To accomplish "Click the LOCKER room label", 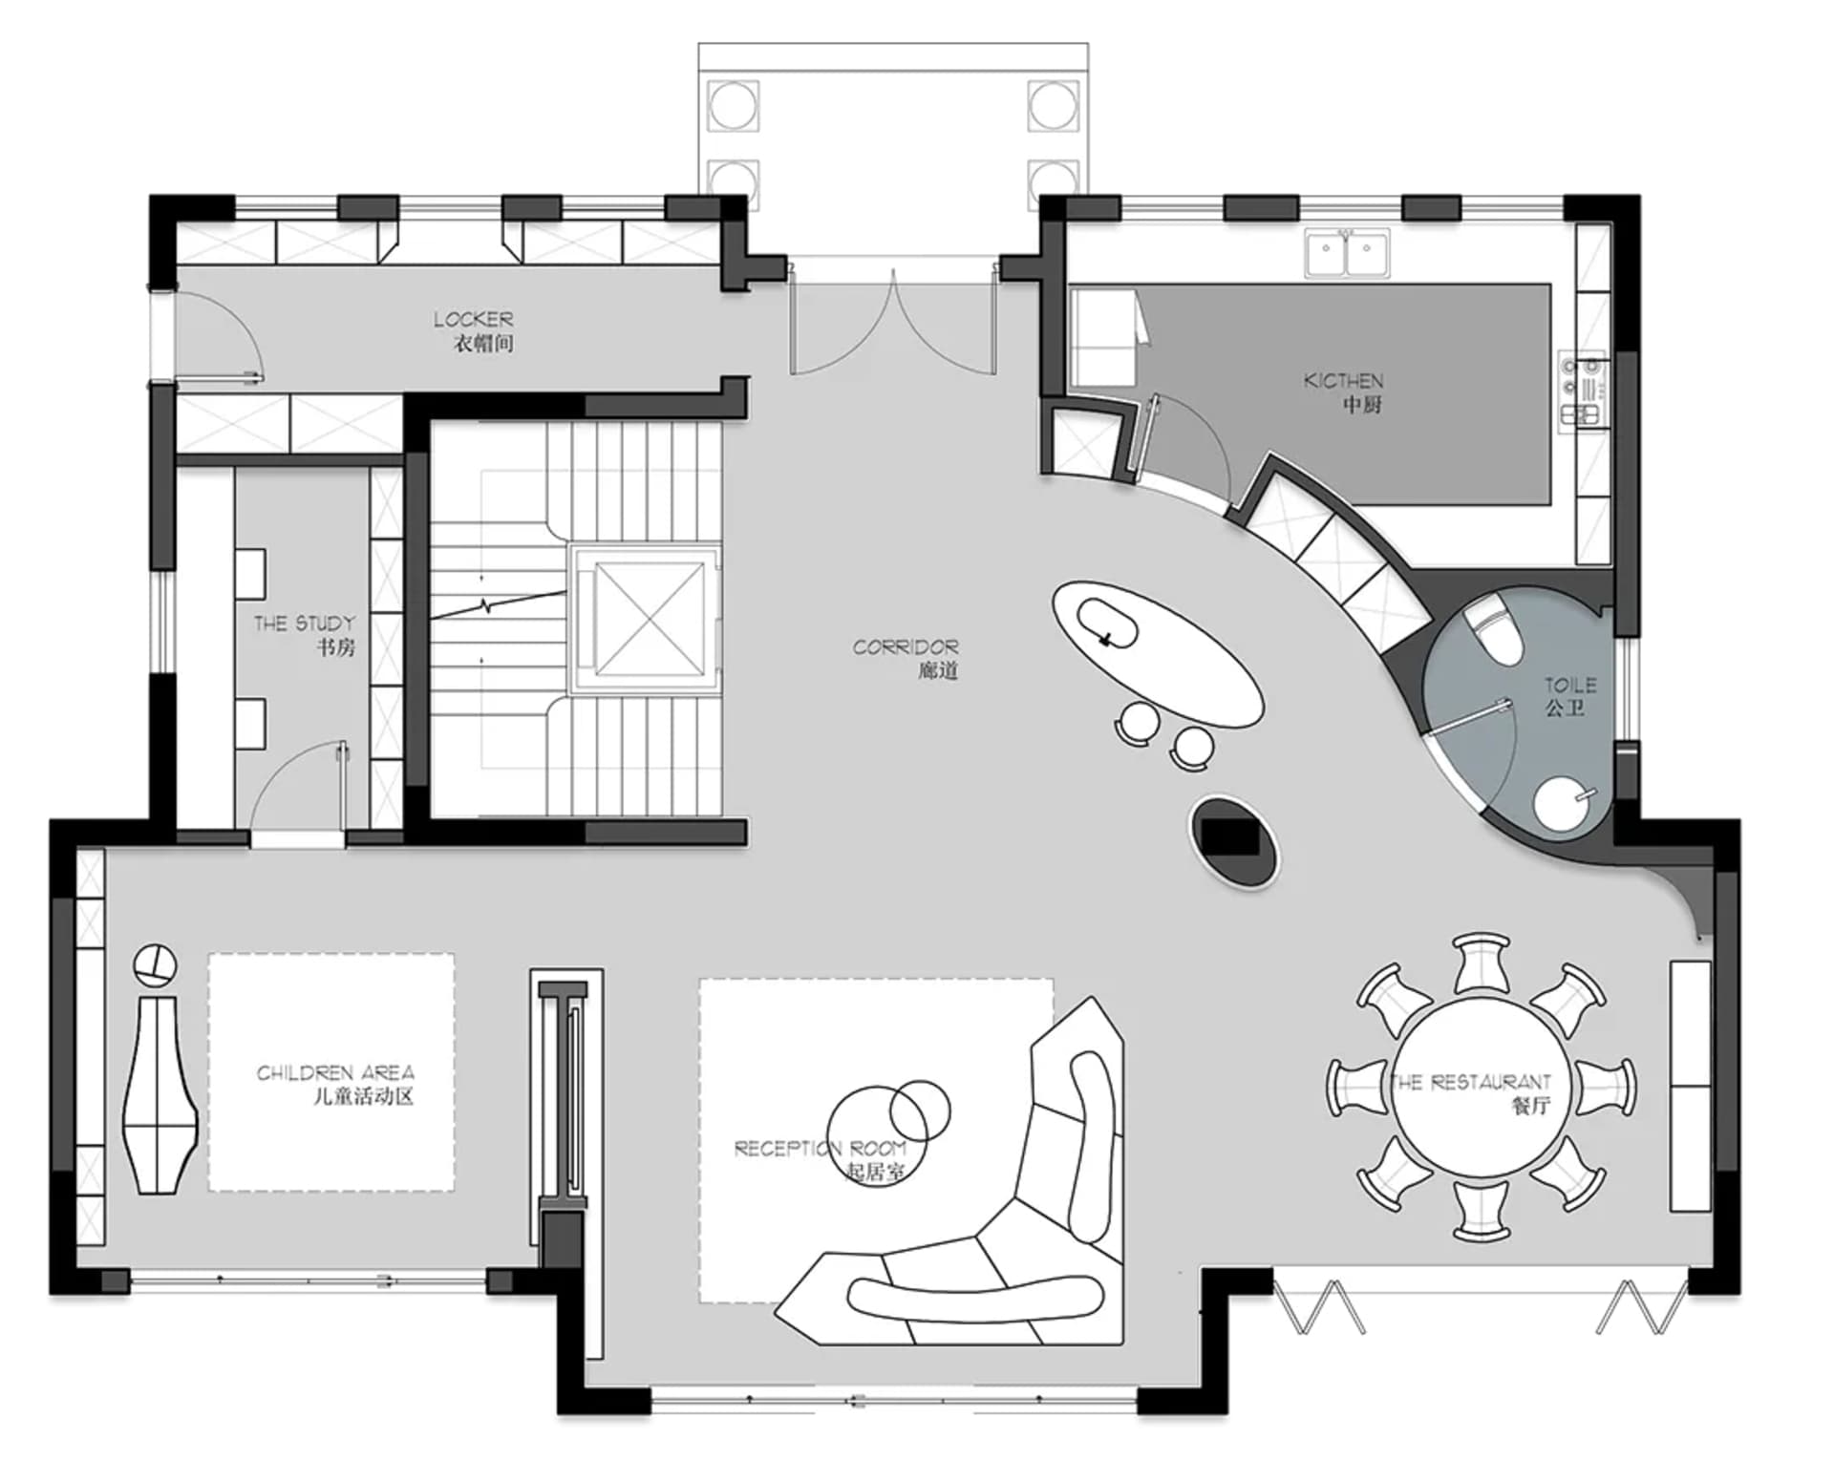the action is (474, 330).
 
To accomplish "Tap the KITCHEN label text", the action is (1344, 391).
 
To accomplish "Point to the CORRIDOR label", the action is (906, 658).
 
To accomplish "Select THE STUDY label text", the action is (305, 635).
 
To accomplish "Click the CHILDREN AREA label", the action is (335, 1084).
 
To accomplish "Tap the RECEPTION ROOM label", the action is (820, 1159).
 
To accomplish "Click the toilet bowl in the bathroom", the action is (1493, 630).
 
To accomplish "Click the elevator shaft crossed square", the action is (648, 618).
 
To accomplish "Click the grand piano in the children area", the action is (160, 1094).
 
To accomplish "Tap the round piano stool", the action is (155, 965).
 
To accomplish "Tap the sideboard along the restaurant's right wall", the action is (1690, 1086).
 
